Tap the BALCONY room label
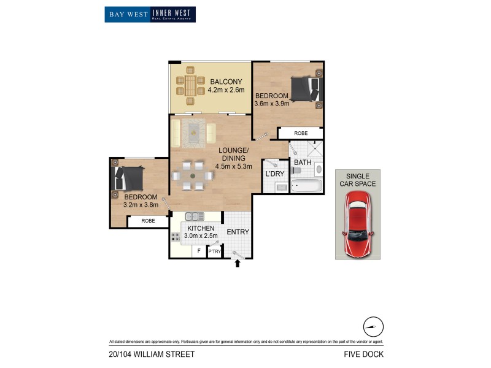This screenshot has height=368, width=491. pyautogui.click(x=226, y=82)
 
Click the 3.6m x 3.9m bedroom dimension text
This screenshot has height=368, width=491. pyautogui.click(x=271, y=104)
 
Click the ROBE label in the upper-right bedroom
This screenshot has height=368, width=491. pyautogui.click(x=301, y=132)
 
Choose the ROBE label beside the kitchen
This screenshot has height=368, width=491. pyautogui.click(x=148, y=221)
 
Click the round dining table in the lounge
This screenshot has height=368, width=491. pyautogui.click(x=193, y=176)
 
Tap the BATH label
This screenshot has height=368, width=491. pyautogui.click(x=302, y=163)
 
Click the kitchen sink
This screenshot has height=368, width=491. pyautogui.click(x=195, y=216)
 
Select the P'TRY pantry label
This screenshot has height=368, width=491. pyautogui.click(x=214, y=251)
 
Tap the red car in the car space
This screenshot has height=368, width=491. pyautogui.click(x=357, y=223)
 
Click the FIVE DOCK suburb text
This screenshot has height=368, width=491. pyautogui.click(x=365, y=354)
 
